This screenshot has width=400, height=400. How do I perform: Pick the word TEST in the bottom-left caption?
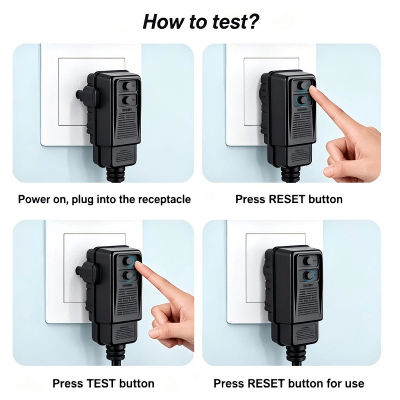click(x=101, y=383)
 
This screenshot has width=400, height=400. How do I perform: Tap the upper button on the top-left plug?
click(x=127, y=86)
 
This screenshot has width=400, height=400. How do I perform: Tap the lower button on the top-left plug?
click(x=127, y=100)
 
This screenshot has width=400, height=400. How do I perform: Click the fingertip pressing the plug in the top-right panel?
click(x=311, y=89)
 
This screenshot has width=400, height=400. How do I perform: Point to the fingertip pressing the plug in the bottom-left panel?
click(x=138, y=265)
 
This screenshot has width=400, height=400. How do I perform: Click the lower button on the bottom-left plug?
click(x=127, y=275)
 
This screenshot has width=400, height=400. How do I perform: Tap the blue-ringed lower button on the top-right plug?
click(x=302, y=100)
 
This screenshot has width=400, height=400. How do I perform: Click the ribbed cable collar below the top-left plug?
click(x=115, y=173)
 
